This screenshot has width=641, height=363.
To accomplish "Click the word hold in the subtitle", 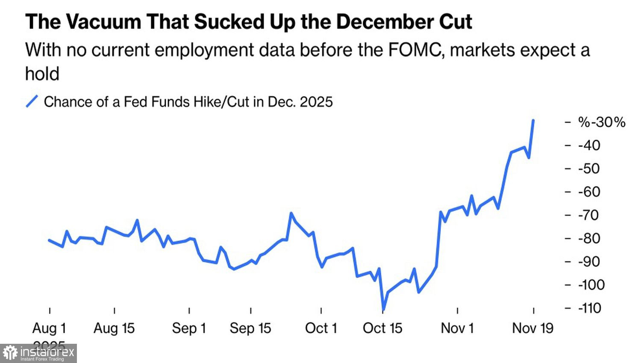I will tap(42, 74).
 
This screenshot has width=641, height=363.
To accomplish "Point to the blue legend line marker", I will tap(32, 102).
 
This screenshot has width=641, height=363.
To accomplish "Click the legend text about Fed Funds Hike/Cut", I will tap(188, 102).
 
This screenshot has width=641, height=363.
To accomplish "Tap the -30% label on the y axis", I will tap(602, 122).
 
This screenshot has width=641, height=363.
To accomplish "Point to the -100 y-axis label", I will tap(591, 285).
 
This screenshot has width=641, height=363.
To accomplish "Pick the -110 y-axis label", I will tap(590, 308).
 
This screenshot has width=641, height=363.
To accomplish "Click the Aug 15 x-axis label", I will tap(114, 328).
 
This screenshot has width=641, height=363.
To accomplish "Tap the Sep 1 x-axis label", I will tap(189, 328).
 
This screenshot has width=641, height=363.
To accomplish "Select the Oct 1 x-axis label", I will tap(321, 328).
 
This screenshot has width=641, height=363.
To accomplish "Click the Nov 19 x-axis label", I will tap(532, 328).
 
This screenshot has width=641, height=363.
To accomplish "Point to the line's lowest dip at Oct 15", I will tap(383, 310).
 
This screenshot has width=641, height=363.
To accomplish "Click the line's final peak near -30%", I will tap(533, 120).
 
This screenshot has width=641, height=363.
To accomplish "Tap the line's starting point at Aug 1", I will tap(49, 240).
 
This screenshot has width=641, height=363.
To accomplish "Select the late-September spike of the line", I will tap(291, 213).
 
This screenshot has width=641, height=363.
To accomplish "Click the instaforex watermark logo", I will tap(38, 353).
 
